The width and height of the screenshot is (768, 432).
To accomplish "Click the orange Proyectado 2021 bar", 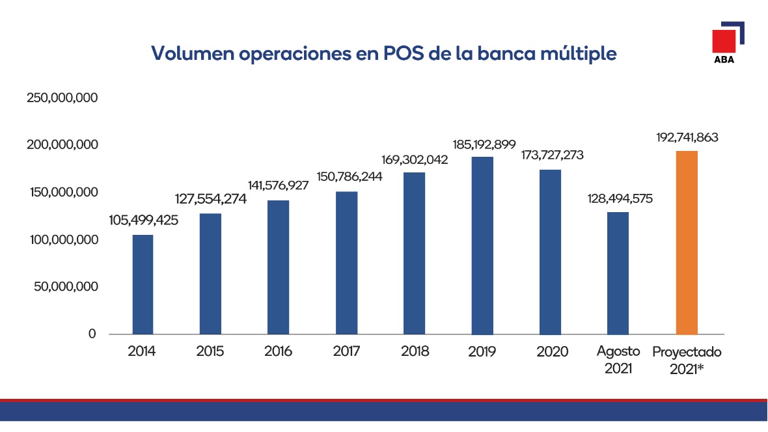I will pyautogui.click(x=687, y=243).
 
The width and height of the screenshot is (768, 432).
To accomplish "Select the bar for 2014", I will pyautogui.click(x=143, y=284).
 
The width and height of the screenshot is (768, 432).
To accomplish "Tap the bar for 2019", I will pyautogui.click(x=482, y=245).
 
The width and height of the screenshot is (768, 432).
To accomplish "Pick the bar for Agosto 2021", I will pyautogui.click(x=618, y=273).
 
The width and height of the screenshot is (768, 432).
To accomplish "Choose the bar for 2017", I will pyautogui.click(x=347, y=263).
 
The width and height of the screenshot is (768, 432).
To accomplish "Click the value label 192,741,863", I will pyautogui.click(x=687, y=138).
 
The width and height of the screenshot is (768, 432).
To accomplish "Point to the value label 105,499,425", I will pyautogui.click(x=143, y=221).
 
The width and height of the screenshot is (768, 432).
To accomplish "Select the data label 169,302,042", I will pyautogui.click(x=415, y=159).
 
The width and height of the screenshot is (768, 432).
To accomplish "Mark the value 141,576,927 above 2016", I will pyautogui.click(x=279, y=186).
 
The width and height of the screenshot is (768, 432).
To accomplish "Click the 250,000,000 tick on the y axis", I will pyautogui.click(x=62, y=98).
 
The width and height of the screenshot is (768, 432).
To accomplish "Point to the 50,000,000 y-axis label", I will pyautogui.click(x=65, y=287).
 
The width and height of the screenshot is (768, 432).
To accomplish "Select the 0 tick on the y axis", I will pyautogui.click(x=92, y=334).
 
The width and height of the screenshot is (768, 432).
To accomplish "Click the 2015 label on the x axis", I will pyautogui.click(x=210, y=352).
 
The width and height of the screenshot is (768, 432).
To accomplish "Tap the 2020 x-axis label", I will pyautogui.click(x=552, y=352).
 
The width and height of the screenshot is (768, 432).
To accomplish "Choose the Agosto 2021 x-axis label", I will pyautogui.click(x=618, y=358).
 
